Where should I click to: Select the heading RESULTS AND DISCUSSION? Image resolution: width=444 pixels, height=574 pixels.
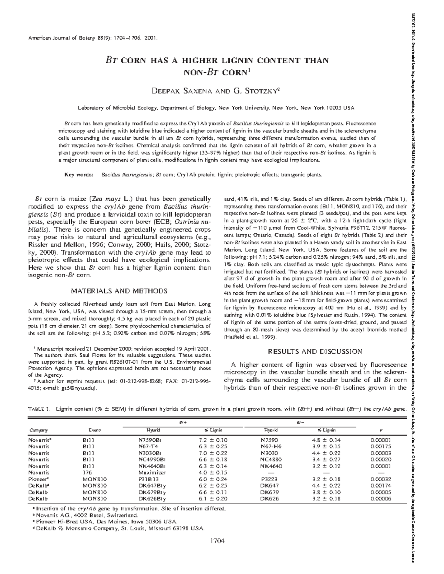[x=314, y=351]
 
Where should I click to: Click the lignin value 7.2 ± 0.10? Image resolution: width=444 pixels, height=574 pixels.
[x=213, y=440]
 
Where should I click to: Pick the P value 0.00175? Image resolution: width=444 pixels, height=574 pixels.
[x=381, y=446]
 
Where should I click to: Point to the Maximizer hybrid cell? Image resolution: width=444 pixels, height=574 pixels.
[x=152, y=472]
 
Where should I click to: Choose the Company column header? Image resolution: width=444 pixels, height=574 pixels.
[x=38, y=430]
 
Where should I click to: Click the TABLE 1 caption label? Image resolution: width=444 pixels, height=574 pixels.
[x=38, y=409]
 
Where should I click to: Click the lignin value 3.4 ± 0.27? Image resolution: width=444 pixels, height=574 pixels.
[x=326, y=459]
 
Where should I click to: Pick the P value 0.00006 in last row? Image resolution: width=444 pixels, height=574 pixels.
[x=381, y=499]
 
